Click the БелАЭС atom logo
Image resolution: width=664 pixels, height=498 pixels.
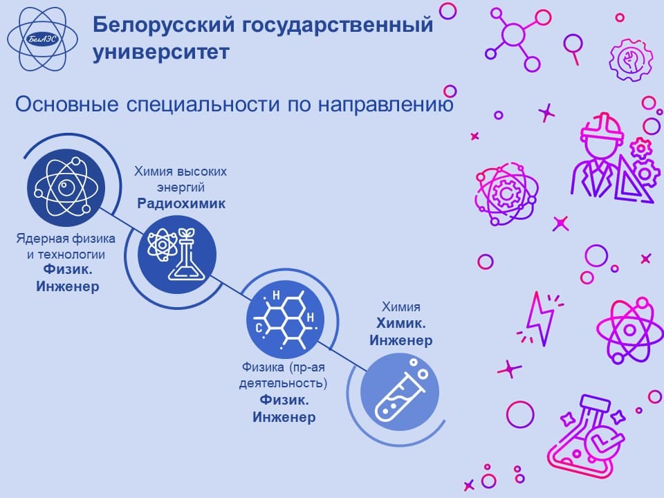tap(43, 39)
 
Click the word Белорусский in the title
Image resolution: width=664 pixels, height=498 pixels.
tap(163, 24)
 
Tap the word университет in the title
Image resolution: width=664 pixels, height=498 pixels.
tap(161, 52)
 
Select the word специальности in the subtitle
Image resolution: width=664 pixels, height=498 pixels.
tap(203, 104)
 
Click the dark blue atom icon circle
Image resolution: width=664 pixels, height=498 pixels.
tap(66, 187)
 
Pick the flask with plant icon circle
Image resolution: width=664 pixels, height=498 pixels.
tap(177, 255)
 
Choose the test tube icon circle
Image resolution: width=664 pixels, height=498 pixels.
tap(400, 392)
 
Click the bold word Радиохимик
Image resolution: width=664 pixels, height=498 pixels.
tap(181, 203)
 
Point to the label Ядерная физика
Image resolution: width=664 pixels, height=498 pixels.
tap(66, 239)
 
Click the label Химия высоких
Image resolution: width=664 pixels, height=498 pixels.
tap(181, 171)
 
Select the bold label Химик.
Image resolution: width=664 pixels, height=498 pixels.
tap(400, 323)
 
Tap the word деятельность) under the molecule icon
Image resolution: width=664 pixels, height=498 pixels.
tap(284, 383)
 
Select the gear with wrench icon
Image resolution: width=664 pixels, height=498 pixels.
tap(631, 59)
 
